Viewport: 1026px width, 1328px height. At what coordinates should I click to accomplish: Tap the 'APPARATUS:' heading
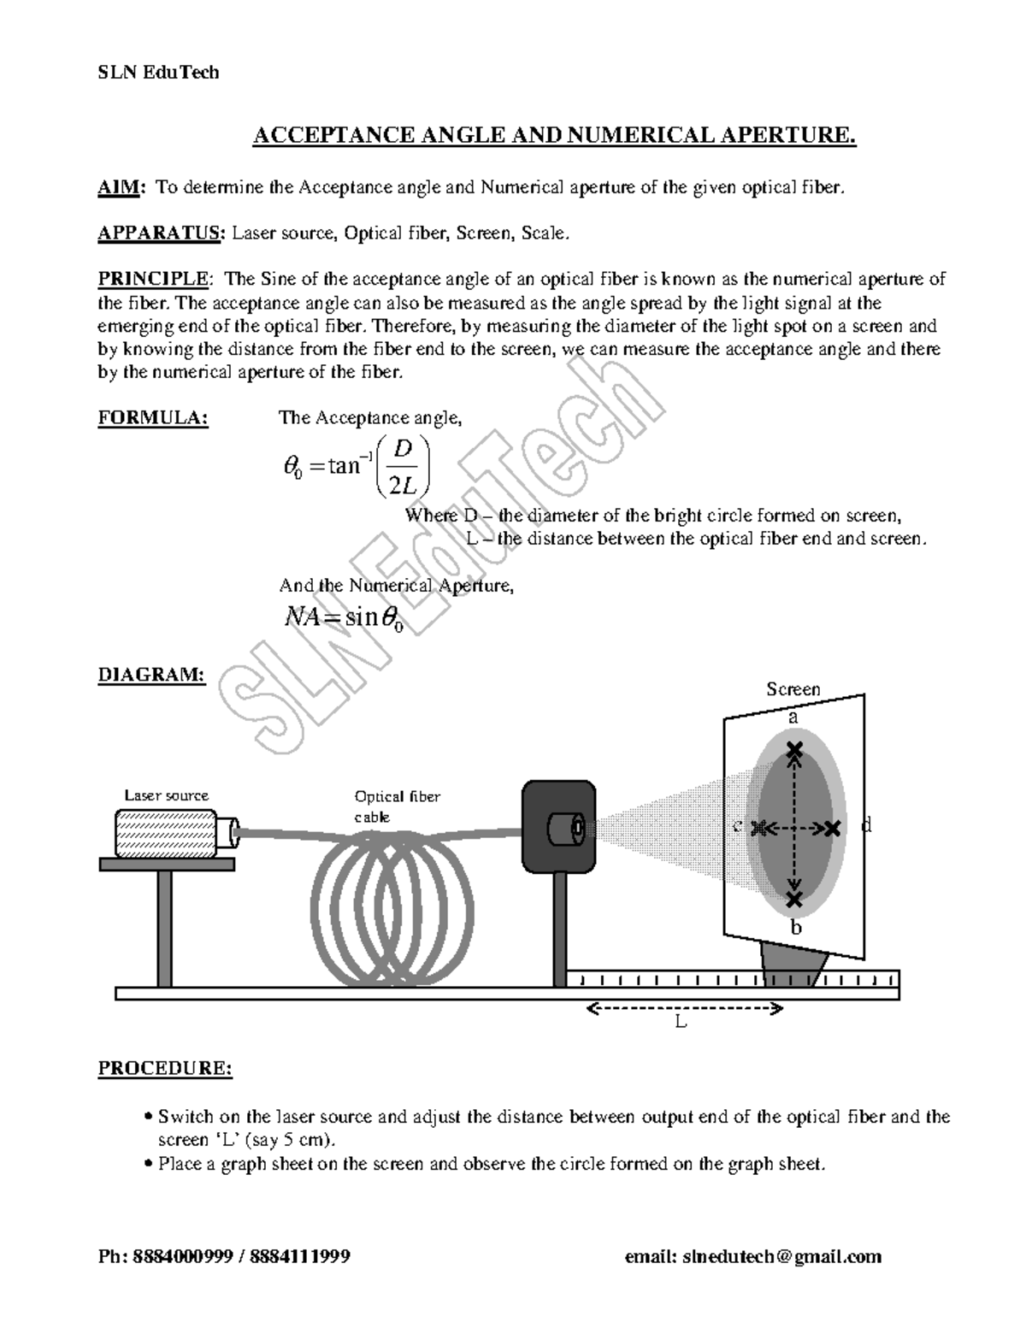[162, 233]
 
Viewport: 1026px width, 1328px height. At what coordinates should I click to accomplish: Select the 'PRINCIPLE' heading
[153, 279]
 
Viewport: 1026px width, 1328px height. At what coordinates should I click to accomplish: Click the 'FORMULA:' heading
[153, 418]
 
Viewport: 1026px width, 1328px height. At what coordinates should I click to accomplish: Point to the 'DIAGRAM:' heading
[151, 675]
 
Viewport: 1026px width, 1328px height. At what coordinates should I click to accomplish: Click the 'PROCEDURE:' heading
[165, 1069]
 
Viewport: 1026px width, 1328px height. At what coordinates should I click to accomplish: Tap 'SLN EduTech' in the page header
[158, 73]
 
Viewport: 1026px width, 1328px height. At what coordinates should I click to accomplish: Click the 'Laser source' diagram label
[166, 795]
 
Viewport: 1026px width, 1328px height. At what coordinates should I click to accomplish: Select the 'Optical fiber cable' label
[397, 806]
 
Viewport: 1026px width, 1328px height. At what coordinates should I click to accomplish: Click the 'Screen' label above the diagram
[793, 689]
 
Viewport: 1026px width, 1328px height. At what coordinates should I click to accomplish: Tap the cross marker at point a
[795, 750]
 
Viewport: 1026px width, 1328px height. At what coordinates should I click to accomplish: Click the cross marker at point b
[795, 899]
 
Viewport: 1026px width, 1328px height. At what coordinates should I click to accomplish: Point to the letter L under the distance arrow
[681, 1022]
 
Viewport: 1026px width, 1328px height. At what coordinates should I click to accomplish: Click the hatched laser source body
[166, 833]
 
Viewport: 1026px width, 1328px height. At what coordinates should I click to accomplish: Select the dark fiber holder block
[557, 826]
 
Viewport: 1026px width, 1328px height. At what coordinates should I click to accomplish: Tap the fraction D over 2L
[403, 467]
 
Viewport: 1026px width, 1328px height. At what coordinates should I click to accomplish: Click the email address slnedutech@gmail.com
[752, 1256]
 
